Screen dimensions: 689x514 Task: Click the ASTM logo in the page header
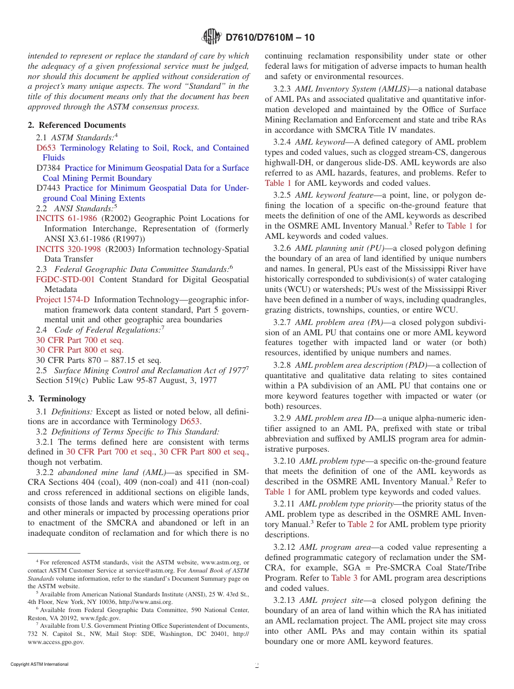(211, 37)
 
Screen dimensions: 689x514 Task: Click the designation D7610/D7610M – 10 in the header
(269, 37)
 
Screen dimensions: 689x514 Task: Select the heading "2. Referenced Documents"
(77, 125)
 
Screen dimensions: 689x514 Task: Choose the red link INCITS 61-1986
(67, 218)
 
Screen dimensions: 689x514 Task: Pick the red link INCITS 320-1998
(68, 249)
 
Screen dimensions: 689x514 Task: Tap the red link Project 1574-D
(63, 300)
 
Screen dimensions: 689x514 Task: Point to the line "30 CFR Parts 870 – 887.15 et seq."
(98, 360)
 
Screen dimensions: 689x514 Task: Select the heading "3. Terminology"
(57, 399)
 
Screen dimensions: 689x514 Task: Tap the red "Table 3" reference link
(344, 577)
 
